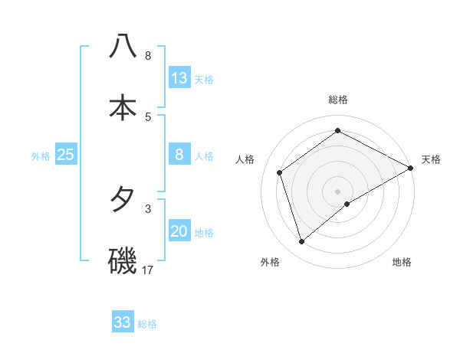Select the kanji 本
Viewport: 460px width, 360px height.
pos(123,107)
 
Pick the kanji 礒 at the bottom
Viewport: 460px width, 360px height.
pos(123,260)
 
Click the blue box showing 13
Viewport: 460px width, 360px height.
pos(179,78)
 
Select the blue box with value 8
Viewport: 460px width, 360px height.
pos(179,155)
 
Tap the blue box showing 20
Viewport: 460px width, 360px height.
pos(179,232)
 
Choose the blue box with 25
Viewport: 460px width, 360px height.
pos(65,155)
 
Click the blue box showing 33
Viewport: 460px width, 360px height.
pos(123,322)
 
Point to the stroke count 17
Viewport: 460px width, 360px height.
pos(148,270)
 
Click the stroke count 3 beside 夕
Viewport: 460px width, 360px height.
pos(148,208)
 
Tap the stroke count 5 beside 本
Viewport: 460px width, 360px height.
pos(148,116)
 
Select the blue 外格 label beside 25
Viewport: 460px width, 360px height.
pos(41,156)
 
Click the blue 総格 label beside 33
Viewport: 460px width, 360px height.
pos(147,324)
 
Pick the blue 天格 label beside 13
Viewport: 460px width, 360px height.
pos(204,80)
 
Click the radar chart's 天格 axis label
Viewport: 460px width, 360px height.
pos(431,159)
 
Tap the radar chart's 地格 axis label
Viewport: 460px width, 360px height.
pos(402,263)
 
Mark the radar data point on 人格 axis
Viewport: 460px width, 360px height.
pos(280,172)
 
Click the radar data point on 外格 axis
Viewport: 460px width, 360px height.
pos(302,242)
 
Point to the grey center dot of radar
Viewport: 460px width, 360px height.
pos(338,191)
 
